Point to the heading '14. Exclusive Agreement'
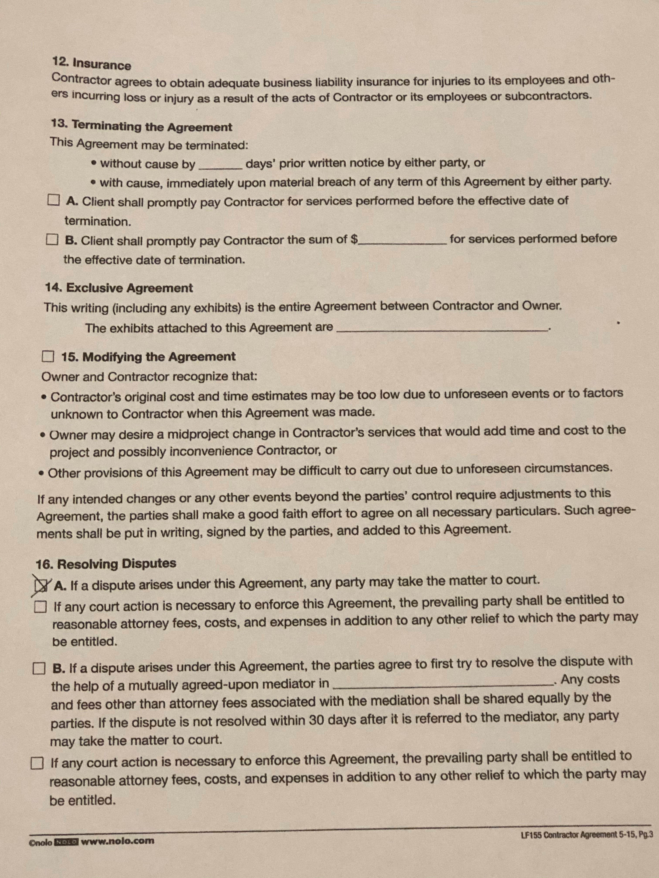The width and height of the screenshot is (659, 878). [119, 288]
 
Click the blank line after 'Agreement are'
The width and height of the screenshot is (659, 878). [441, 328]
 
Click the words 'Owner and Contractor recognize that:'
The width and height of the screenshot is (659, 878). [149, 376]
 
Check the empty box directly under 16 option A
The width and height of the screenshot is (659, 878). [40, 606]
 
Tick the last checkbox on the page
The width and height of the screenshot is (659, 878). [37, 763]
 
